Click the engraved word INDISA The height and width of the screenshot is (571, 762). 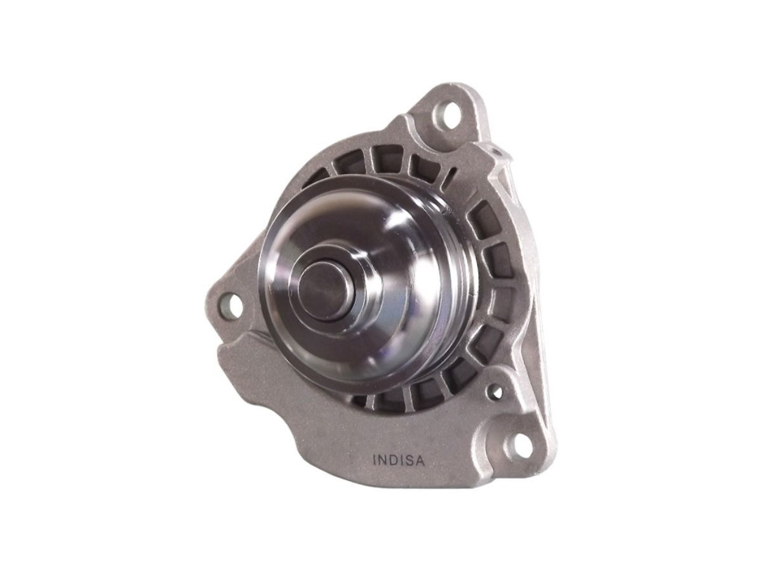tap(399, 461)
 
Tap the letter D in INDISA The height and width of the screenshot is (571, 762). tap(396, 461)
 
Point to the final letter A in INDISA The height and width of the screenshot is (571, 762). tap(420, 461)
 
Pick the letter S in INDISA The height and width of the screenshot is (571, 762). tap(410, 461)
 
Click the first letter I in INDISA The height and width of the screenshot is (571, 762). tap(374, 461)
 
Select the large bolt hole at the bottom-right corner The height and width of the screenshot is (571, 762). tap(519, 442)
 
